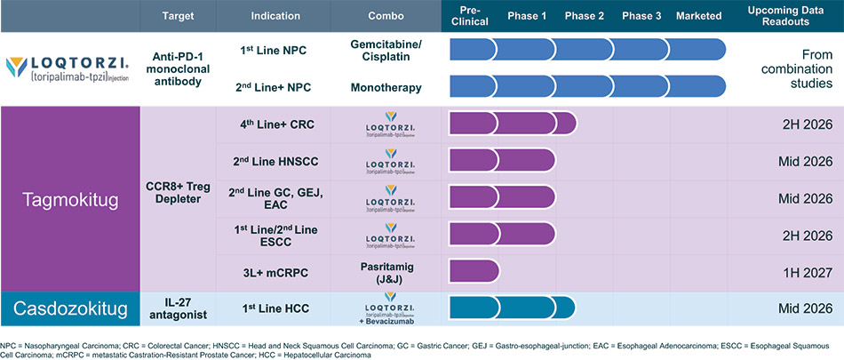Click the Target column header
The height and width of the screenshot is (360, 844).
click(178, 17)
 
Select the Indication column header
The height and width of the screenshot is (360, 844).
click(275, 17)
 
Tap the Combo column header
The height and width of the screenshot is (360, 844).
click(386, 17)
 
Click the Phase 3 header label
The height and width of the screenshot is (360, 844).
click(641, 17)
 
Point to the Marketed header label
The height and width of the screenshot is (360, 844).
click(697, 17)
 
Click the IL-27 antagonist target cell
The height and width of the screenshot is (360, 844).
click(178, 308)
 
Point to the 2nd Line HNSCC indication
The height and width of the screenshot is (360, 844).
click(275, 160)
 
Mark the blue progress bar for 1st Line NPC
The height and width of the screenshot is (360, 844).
click(587, 50)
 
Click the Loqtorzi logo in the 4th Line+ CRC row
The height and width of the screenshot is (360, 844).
click(386, 123)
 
